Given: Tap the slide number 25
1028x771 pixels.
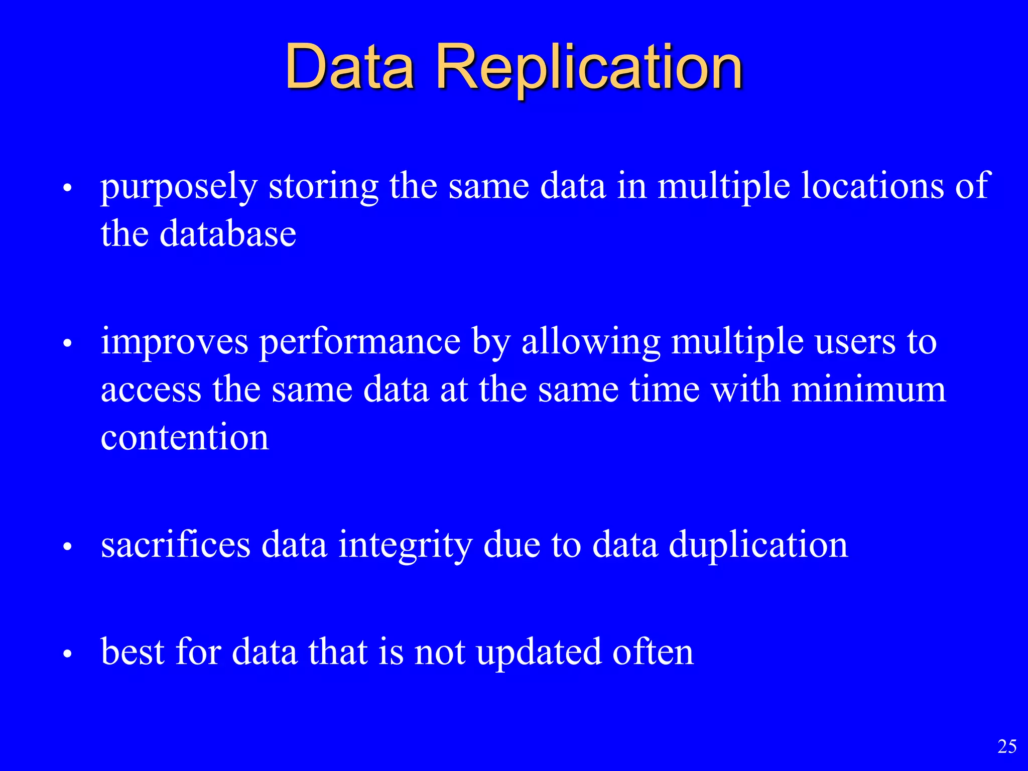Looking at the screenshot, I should pos(1007,746).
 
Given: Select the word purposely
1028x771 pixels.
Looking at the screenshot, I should pos(179,187).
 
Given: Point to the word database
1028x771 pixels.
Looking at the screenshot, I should pos(228,234).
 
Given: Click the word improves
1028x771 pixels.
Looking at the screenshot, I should pos(174,342).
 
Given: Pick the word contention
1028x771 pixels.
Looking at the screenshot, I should pos(185,437).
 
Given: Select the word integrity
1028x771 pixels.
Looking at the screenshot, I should pos(405,546).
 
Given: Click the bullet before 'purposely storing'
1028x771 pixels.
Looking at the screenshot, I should pos(68,190).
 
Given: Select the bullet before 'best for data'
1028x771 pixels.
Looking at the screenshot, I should pos(68,655).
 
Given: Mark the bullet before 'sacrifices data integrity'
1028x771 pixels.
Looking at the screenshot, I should pos(68,548).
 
